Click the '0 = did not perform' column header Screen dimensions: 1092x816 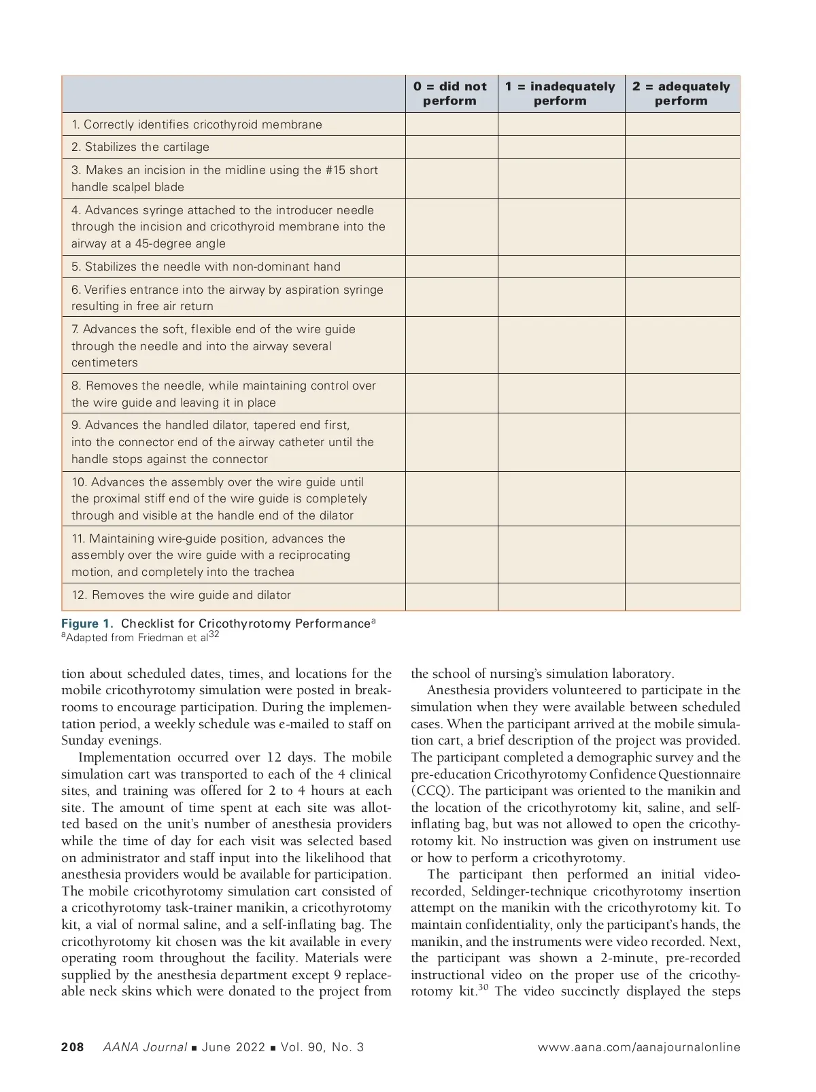point(450,94)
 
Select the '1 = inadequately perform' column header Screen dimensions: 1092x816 point(560,94)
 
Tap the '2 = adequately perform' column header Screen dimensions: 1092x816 point(681,94)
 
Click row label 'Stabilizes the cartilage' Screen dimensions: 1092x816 point(140,147)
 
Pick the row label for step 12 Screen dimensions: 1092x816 point(181,595)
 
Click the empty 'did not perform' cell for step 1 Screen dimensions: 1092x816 point(452,124)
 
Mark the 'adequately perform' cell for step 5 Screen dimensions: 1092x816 point(682,267)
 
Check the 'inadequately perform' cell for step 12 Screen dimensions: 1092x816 point(561,596)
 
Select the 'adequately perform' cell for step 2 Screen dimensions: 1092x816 point(682,147)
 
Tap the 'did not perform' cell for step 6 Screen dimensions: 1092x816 point(452,297)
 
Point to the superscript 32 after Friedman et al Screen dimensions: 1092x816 point(214,634)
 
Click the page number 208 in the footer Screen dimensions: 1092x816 point(73,1047)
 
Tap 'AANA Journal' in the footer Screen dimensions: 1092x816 point(144,1047)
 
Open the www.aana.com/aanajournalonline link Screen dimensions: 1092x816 point(639,1047)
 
